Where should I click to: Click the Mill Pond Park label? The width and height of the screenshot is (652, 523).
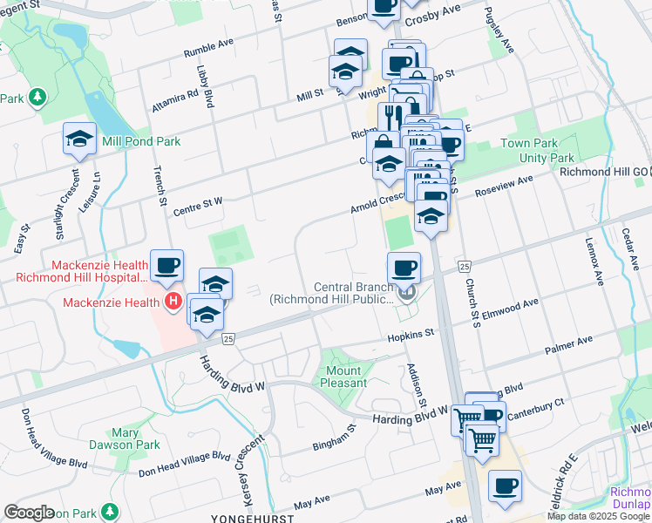140,140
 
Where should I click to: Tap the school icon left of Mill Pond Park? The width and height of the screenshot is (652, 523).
79,139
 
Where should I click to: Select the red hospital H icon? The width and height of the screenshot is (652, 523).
173,302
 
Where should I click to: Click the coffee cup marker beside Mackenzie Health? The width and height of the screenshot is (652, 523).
166,265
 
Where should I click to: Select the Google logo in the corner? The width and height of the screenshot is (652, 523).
30,512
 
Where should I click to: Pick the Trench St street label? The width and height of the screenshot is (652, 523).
160,187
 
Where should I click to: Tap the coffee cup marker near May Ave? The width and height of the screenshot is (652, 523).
505,486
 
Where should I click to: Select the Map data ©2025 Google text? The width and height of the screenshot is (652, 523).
599,516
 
